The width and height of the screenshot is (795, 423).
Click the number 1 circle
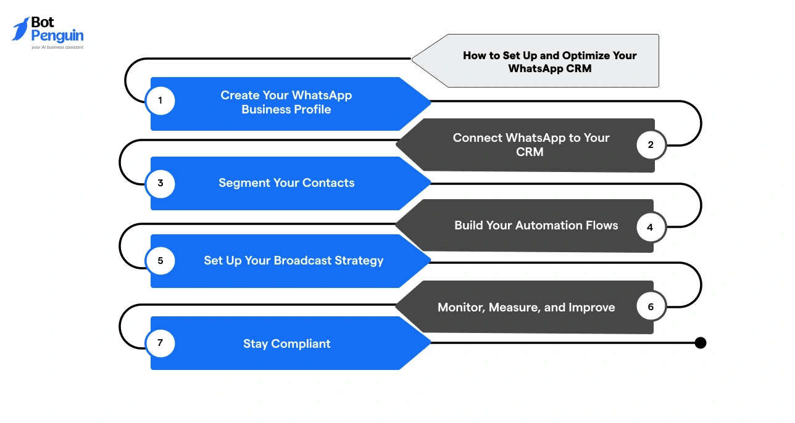160,101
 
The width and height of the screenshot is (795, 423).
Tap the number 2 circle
651,145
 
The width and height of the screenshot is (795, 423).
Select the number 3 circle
160,183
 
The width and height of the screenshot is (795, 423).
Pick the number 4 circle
650,227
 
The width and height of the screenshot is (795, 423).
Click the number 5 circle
160,260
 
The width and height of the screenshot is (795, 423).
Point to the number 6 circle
651,306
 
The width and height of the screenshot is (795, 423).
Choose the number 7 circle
160,343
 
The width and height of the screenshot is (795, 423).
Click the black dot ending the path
700,343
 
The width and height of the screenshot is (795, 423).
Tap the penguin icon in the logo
20,29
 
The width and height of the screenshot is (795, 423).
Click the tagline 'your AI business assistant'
57,47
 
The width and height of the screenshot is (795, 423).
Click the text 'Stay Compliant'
287,344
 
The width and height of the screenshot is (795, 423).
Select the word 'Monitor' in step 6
460,307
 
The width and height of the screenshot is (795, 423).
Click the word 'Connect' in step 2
477,138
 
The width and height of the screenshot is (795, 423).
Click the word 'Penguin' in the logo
57,36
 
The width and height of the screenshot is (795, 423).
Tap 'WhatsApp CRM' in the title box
549,68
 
